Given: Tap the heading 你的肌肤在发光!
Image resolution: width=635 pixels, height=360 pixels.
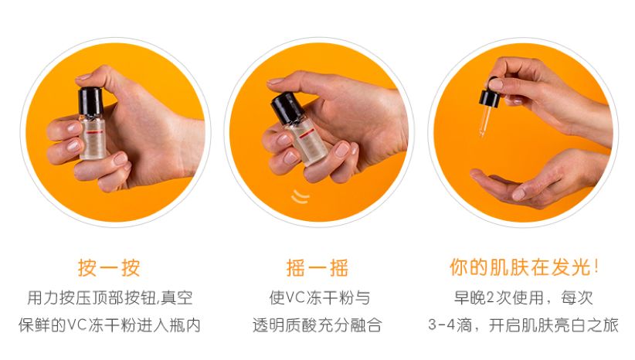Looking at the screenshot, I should point(525,267).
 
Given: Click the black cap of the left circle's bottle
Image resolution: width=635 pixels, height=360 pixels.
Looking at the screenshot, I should point(90,100).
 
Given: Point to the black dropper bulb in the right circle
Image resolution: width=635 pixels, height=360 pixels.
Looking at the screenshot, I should point(491,97).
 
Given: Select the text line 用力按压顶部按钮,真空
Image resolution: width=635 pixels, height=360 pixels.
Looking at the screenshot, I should point(109,297).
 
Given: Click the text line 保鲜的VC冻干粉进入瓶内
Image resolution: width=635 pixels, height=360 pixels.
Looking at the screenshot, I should point(109,325).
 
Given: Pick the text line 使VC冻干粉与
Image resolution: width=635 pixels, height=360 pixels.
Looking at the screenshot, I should point(317,297).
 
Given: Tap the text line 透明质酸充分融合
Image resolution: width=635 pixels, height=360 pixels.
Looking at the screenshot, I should point(317,325).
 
